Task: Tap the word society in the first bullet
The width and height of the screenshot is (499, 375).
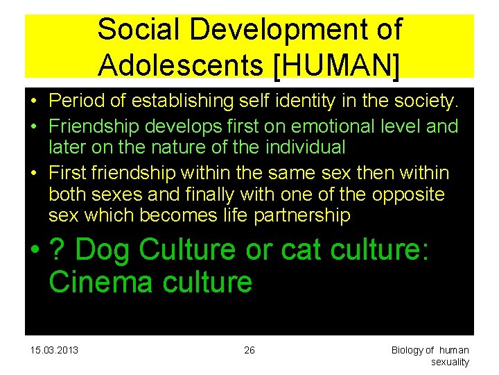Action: point(423,101)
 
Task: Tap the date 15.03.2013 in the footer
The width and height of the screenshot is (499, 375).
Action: point(55,350)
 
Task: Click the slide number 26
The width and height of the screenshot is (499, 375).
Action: point(249,350)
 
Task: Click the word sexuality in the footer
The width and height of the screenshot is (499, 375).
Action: point(450,362)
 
